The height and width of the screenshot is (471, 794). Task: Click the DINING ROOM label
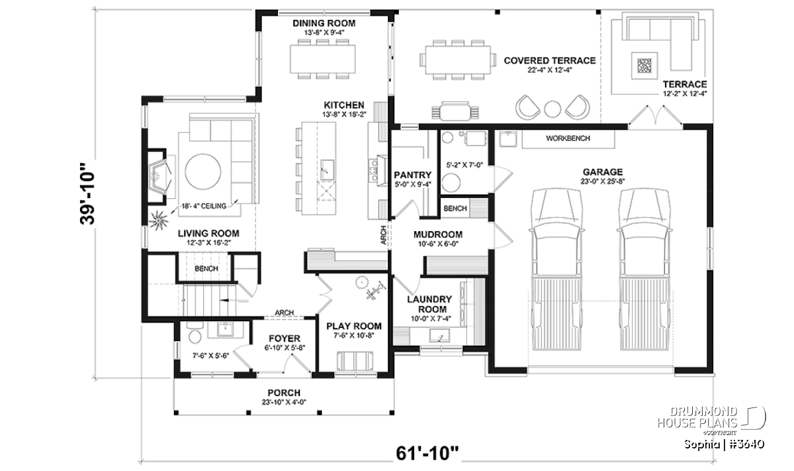[324, 23]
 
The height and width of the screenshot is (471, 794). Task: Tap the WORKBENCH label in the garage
[568, 138]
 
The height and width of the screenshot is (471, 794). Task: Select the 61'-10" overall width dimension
[427, 453]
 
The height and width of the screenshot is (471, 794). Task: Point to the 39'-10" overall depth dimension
[87, 194]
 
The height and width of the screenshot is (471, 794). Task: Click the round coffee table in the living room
[203, 172]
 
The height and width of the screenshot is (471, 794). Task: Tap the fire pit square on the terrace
[644, 66]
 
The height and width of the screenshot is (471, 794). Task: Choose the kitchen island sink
[327, 170]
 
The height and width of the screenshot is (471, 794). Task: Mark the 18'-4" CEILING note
[204, 206]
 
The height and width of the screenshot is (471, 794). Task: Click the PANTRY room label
[413, 175]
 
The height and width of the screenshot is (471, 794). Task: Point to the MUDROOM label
[438, 235]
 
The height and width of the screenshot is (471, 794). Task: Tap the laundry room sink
[439, 335]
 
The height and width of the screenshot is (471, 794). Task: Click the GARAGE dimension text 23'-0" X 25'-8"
[603, 182]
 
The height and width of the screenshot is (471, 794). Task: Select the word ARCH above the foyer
[285, 313]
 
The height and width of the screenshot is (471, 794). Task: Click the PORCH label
[284, 393]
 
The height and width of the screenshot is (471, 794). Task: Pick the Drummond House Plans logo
[712, 421]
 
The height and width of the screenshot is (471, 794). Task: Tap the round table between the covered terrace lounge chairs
[552, 109]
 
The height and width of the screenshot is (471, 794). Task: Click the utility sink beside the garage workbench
[508, 138]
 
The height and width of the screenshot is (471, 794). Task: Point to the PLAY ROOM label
[354, 326]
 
